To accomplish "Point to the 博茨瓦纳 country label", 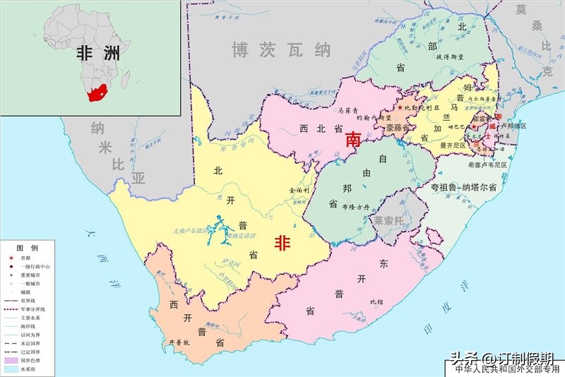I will click(282, 50).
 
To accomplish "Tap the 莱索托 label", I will click(388, 220).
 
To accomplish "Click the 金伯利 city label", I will click(299, 191).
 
